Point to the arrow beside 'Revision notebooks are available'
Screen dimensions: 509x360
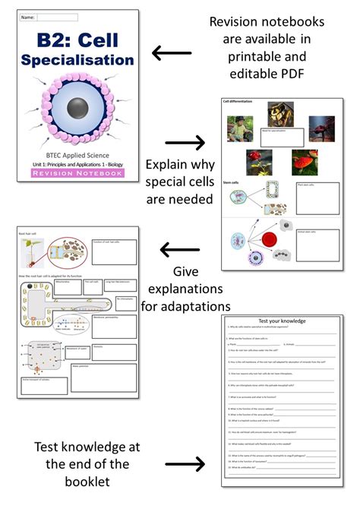(x=172, y=53)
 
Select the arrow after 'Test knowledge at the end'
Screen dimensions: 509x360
(x=185, y=463)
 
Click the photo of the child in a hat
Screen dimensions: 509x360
(x=237, y=128)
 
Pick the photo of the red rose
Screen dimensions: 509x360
(x=258, y=162)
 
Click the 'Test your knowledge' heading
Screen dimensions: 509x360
(x=283, y=321)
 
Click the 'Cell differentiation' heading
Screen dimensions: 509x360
(x=238, y=101)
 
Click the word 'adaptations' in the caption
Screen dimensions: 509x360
(x=186, y=306)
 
